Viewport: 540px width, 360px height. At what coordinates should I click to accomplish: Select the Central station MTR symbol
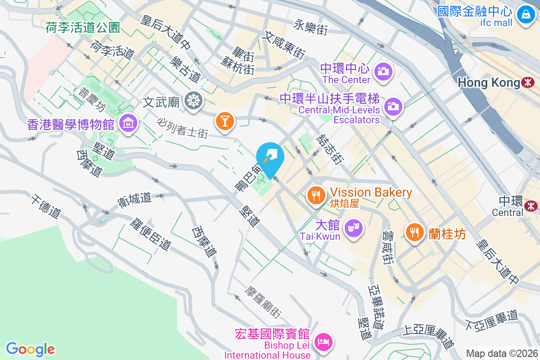click(x=531, y=206)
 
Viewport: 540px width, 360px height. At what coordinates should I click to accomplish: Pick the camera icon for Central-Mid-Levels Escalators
click(x=393, y=106)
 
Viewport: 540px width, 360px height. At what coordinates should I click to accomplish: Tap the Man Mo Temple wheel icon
click(x=193, y=101)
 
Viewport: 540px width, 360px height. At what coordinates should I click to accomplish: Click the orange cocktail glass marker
click(x=224, y=121)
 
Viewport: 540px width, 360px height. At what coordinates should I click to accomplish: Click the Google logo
click(x=30, y=349)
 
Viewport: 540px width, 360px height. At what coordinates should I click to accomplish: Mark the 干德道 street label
click(x=45, y=206)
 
